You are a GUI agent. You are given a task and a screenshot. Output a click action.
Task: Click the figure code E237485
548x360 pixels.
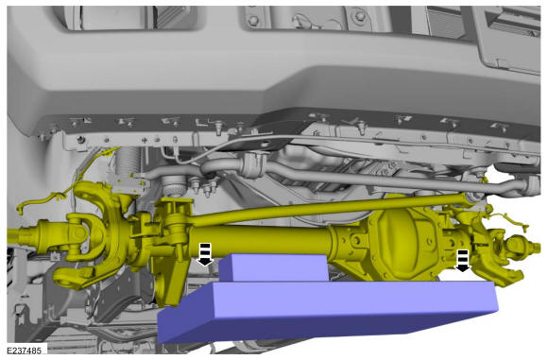click(24, 350)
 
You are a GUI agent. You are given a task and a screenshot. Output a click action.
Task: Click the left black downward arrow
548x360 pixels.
click(205, 254)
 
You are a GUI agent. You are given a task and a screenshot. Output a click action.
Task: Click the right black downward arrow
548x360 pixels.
click(463, 261)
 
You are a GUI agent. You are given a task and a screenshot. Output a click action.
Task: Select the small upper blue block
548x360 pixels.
click(274, 267)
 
